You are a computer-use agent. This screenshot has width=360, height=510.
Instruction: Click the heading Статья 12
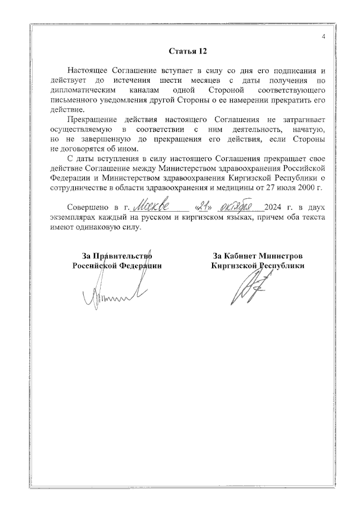tap(188, 52)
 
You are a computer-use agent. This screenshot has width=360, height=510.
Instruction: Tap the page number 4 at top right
tap(323, 37)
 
